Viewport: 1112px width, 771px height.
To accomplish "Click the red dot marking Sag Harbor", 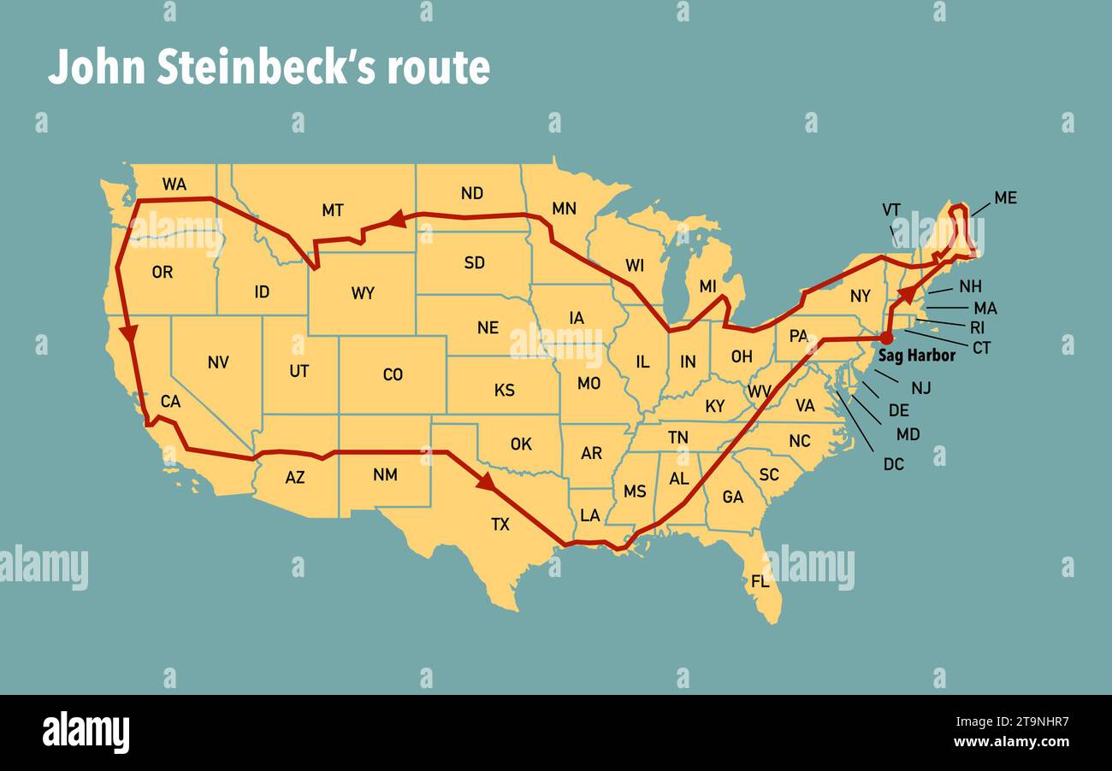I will (886, 338).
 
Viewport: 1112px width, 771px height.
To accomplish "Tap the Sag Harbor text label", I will (916, 356).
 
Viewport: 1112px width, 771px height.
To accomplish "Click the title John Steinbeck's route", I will (269, 68).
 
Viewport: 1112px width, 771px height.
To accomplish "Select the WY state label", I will (363, 293).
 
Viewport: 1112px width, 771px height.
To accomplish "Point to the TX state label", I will (500, 524).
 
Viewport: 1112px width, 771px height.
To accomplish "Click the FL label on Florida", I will (760, 582).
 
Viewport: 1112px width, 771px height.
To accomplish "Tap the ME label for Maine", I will (1005, 197).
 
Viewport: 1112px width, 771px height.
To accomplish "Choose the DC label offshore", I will (893, 464).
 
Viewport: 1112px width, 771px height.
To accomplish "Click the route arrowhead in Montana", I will (395, 220).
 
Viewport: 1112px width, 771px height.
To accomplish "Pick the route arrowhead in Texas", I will (486, 482).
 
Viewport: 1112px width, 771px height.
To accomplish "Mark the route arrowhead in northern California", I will (129, 333).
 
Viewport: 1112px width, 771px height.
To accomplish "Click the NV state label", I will (218, 362).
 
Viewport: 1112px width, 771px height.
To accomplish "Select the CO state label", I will (393, 374).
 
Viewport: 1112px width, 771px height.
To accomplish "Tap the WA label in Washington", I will (174, 185).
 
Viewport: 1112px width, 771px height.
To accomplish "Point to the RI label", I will (977, 327).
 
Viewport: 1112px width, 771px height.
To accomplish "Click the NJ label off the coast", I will (920, 388).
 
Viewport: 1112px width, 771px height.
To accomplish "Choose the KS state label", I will (505, 390).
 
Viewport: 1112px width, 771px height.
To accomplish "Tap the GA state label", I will (733, 496).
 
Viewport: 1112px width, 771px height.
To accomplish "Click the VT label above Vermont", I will (890, 209).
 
